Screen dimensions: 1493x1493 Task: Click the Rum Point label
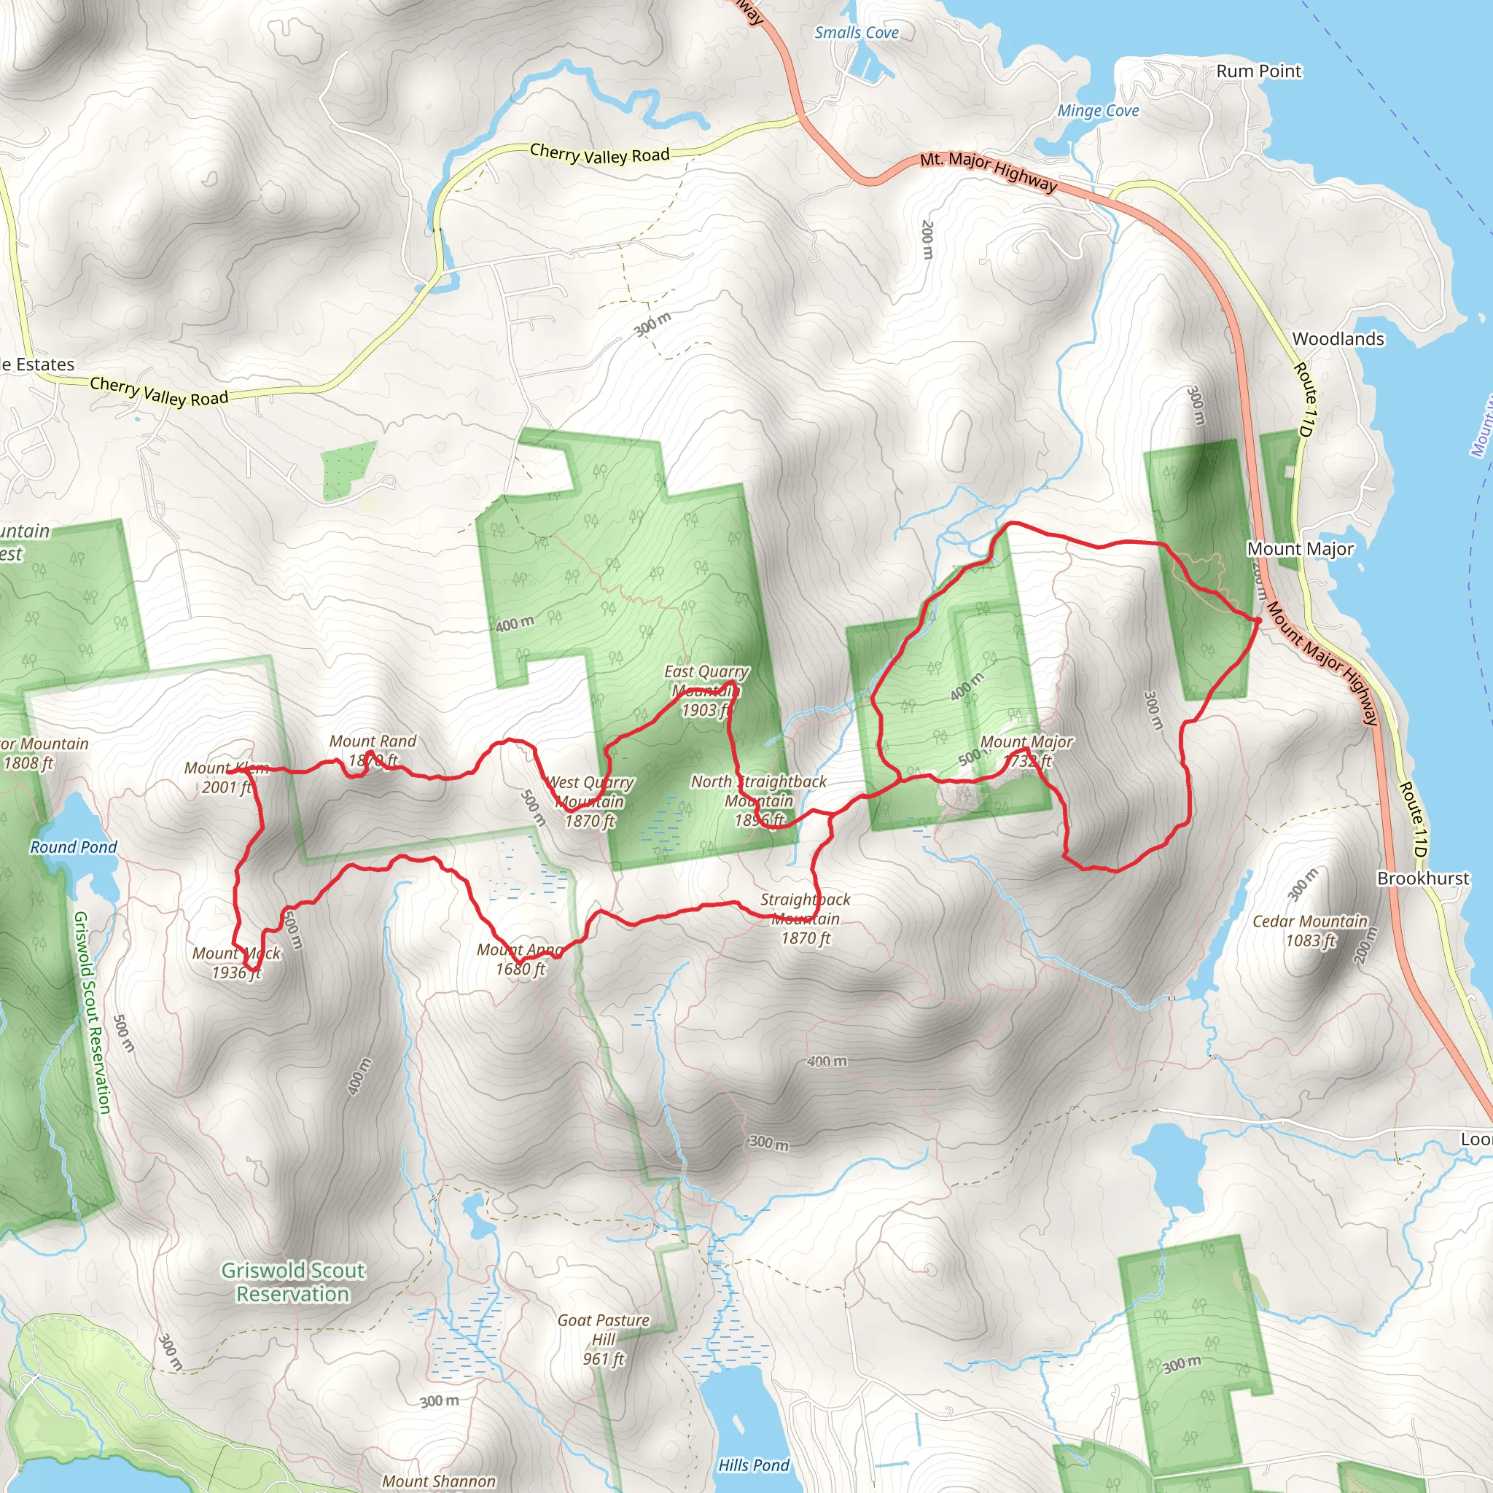click(1258, 71)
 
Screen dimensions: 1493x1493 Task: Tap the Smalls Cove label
click(857, 33)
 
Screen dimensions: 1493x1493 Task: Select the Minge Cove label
click(1098, 111)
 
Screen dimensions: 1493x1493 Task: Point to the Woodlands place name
click(1338, 338)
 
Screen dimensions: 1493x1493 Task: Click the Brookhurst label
click(1423, 878)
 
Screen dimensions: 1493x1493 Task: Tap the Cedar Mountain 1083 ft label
click(1310, 930)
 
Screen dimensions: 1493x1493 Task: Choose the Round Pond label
click(74, 847)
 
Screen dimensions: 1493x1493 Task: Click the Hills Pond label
click(754, 1465)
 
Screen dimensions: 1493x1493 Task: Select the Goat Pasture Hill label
click(604, 1339)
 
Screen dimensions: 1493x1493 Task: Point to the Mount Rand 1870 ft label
click(373, 750)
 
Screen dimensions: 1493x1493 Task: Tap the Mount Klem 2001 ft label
click(226, 777)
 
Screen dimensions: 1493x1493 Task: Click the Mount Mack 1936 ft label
click(236, 963)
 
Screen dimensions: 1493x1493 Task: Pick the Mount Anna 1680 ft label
click(520, 959)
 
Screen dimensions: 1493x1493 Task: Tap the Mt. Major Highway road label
click(988, 171)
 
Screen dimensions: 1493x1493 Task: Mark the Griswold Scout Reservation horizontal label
click(293, 1282)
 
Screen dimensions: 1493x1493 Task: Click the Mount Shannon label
click(439, 1481)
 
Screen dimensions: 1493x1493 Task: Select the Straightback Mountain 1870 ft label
click(806, 918)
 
